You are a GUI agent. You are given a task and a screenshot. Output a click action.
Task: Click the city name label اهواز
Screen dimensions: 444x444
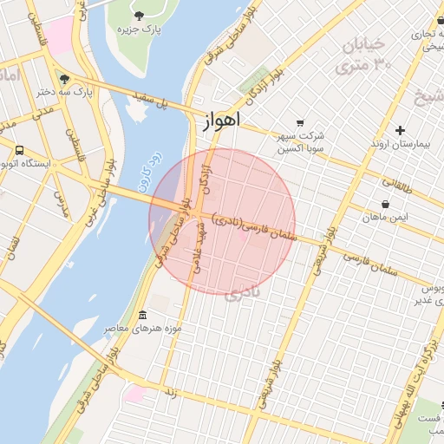click(x=220, y=121)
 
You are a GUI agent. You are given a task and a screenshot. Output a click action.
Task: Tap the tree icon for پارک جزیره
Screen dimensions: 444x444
click(x=140, y=15)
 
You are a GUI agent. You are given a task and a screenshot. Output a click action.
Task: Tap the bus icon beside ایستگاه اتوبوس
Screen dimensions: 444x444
click(x=19, y=150)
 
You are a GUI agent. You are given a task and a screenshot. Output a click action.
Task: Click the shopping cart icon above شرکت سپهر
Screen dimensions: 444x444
click(x=300, y=122)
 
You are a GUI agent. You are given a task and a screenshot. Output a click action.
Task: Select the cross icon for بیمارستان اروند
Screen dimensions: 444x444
click(x=400, y=131)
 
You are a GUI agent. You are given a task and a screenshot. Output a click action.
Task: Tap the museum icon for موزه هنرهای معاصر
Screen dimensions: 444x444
click(x=142, y=315)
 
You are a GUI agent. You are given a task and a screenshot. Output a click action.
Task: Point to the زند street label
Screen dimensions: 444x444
click(x=170, y=392)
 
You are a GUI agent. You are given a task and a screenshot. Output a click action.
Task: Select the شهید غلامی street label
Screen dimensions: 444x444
click(x=202, y=248)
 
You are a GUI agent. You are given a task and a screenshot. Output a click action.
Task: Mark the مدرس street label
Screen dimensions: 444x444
click(x=61, y=203)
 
